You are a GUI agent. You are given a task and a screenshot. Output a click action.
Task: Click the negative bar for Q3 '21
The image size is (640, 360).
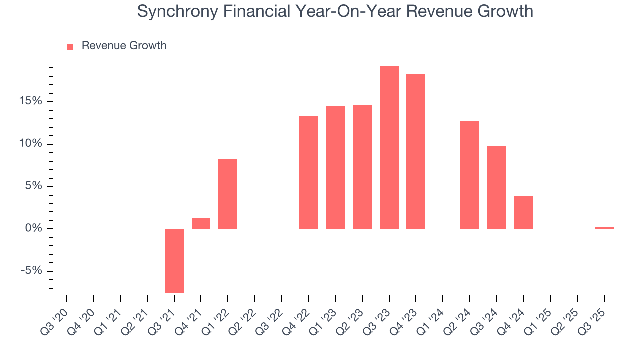pos(174,260)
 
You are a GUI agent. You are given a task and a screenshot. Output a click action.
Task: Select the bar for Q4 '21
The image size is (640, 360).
pos(201,223)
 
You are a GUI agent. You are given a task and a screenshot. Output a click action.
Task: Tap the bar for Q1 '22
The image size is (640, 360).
pos(228,194)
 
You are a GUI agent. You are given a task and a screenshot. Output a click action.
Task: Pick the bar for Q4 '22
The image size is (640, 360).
pos(308,172)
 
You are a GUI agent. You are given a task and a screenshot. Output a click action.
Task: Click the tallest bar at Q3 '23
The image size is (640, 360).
pos(389,147)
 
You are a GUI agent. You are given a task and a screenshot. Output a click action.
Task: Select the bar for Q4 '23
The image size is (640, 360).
pos(416,151)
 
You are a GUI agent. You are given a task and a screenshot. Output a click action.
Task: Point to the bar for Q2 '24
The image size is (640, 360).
pos(470,175)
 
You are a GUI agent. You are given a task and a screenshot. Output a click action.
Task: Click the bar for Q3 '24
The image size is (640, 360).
pos(497,187)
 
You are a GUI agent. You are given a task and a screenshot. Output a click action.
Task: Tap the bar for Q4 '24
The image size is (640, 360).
pos(523,212)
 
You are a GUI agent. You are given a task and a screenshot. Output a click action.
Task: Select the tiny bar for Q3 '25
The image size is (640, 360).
pos(604,228)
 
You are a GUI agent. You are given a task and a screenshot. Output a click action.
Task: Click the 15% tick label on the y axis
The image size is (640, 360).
pos(30,102)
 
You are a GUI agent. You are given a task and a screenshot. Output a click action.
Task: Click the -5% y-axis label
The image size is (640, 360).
pos(31,271)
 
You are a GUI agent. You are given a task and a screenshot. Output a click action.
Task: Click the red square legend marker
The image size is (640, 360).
pos(70,46)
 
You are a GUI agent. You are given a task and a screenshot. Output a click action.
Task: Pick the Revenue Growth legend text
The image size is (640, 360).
pos(124,46)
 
